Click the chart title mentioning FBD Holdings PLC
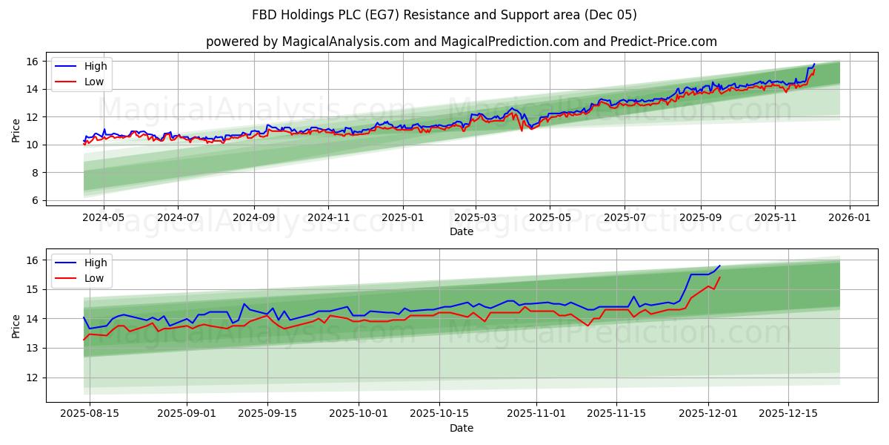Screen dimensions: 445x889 pyautogui.click(x=444, y=15)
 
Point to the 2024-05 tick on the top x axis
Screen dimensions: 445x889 pyautogui.click(x=103, y=218)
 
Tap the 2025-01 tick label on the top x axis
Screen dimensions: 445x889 pyautogui.click(x=403, y=218)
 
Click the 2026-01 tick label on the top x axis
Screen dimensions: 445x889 pyautogui.click(x=849, y=218)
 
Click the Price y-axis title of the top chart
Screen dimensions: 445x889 pyautogui.click(x=16, y=131)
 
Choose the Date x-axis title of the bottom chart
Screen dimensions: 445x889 pyautogui.click(x=462, y=428)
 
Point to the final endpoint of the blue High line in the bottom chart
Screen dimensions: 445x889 pyautogui.click(x=719, y=266)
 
